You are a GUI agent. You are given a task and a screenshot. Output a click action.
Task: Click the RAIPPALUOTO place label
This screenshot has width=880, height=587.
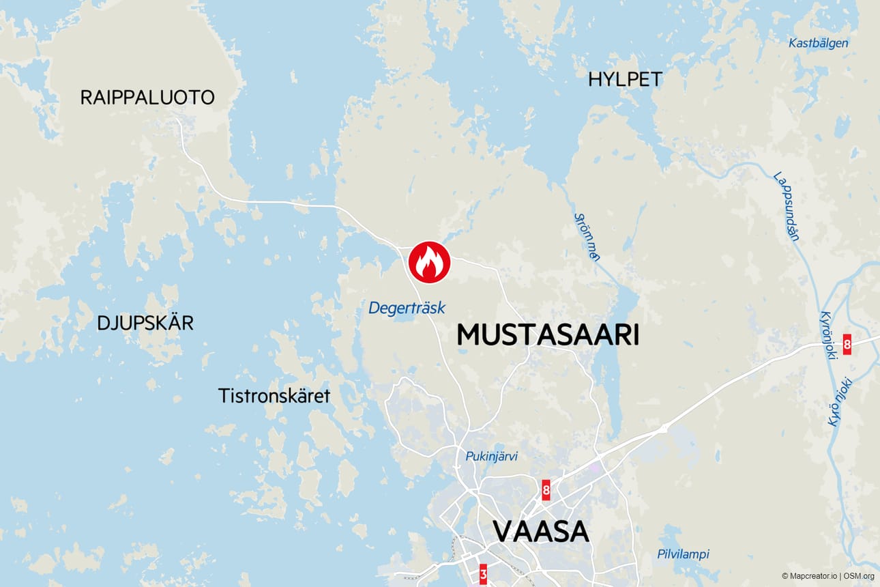(147, 98)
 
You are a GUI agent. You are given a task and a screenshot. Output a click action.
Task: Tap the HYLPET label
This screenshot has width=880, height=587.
(625, 80)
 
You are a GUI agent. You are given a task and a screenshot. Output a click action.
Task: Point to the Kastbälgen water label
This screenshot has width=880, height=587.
(819, 43)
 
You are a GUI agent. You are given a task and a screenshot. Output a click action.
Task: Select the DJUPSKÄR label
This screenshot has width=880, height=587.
(145, 323)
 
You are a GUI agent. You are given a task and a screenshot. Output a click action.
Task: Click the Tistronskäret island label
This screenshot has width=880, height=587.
(274, 395)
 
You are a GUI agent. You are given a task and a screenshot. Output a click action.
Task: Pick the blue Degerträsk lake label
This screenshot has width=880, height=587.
(407, 308)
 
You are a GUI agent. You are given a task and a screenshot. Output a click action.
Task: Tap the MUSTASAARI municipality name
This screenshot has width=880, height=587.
(548, 335)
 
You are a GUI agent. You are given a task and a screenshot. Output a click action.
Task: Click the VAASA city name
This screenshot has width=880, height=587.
(541, 531)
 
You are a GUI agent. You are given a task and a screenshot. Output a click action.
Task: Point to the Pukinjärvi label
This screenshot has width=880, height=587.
(491, 457)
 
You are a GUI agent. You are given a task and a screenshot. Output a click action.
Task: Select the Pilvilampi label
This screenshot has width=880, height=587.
(683, 554)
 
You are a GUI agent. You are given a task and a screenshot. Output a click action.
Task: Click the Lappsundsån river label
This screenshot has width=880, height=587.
(787, 206)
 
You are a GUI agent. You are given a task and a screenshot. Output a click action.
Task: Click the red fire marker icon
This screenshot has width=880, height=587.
(429, 262)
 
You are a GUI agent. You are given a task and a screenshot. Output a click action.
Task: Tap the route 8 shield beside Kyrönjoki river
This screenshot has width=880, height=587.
(847, 344)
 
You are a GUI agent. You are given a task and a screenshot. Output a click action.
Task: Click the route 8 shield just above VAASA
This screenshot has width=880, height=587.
(546, 490)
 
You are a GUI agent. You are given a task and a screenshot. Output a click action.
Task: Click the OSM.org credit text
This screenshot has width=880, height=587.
(859, 576)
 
